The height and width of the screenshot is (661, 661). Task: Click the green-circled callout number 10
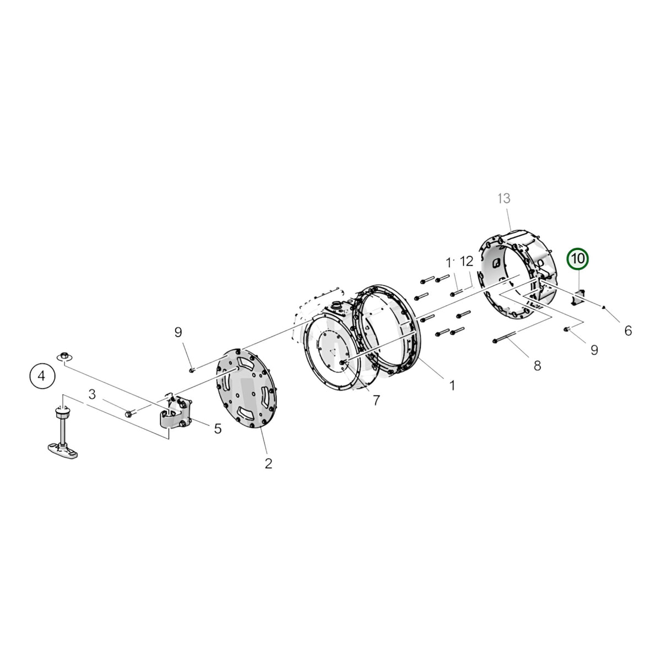[577, 259]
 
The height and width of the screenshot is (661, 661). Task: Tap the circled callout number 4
[41, 376]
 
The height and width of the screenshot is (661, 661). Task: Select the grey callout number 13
[504, 199]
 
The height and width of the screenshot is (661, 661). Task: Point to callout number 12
[466, 262]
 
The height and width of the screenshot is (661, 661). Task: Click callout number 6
[628, 330]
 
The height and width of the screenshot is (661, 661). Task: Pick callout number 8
[537, 366]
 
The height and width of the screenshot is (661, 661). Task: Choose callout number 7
[376, 400]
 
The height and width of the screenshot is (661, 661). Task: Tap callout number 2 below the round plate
[268, 464]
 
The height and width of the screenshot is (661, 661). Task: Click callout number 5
[218, 429]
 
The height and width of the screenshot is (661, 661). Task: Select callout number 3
[92, 394]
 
